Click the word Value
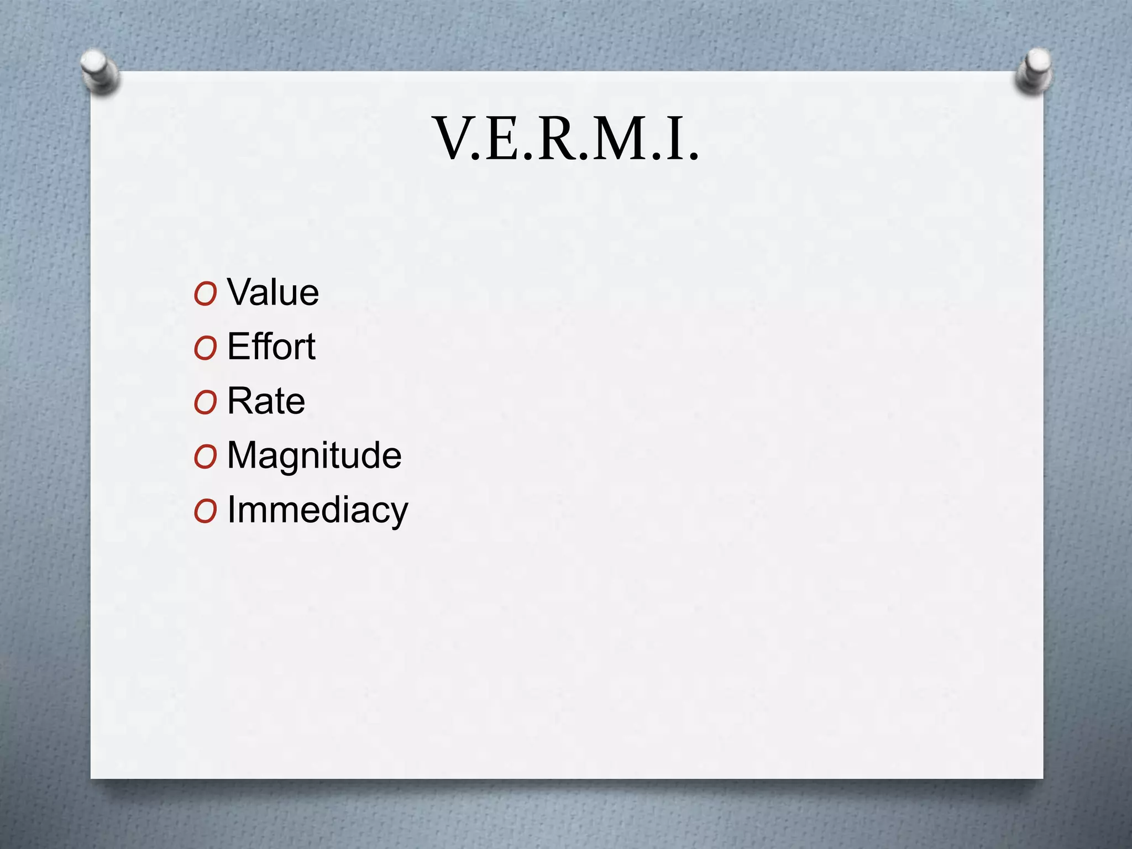273,292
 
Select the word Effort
271,347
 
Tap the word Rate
266,401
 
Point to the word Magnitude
314,455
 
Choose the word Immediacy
317,509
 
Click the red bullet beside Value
205,294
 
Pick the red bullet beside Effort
205,348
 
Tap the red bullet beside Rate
205,402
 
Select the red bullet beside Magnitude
205,457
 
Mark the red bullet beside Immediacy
205,511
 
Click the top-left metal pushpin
99,71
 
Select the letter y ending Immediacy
398,512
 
